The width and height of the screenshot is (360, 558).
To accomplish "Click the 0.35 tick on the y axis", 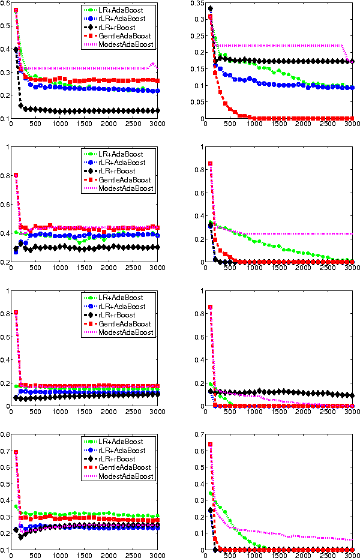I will [197, 4].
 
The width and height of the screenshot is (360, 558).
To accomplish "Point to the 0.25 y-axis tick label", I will [197, 36].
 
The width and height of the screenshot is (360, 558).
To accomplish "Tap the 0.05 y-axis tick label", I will [197, 102].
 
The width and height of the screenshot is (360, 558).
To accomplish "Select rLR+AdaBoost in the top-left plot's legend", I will [121, 19].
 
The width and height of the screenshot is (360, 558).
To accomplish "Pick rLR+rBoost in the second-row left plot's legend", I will [116, 171].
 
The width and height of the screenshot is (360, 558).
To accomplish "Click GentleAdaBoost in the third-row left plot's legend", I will [122, 324].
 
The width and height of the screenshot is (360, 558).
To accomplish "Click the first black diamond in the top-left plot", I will [16, 49].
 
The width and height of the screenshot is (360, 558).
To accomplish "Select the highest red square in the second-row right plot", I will [210, 164].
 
